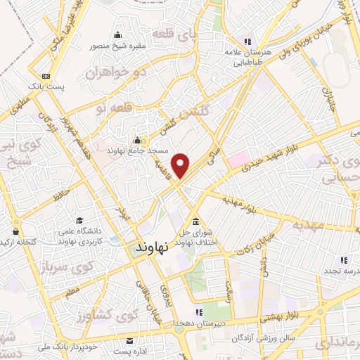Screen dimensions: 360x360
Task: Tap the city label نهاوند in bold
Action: tap(149, 249)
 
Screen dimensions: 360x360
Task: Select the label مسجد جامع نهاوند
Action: tap(135, 150)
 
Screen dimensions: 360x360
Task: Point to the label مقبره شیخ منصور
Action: tap(116, 47)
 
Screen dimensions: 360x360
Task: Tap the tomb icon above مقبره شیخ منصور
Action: tap(117, 36)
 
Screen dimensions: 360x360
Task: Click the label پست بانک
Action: tap(46, 86)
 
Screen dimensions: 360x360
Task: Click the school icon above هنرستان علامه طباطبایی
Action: tap(245, 41)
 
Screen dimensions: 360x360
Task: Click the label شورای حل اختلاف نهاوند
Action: tap(195, 238)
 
